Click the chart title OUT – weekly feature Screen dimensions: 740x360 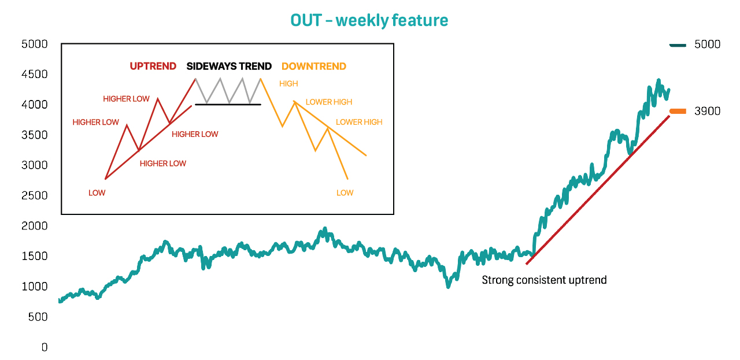click(x=369, y=20)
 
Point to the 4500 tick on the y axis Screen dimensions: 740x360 click(x=34, y=74)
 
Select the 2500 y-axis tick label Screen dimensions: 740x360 click(x=34, y=195)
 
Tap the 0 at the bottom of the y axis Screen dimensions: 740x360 click(x=45, y=347)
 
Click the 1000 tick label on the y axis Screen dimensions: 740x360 click(x=34, y=287)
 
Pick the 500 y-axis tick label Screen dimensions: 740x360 click(x=38, y=317)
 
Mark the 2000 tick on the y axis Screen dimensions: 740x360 click(x=34, y=226)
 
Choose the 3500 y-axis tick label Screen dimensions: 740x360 click(x=34, y=135)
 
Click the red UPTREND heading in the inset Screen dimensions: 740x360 click(x=153, y=66)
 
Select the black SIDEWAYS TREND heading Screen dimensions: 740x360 click(x=229, y=66)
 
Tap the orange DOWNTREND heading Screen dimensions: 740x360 click(x=314, y=66)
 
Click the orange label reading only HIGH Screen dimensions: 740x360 click(x=288, y=84)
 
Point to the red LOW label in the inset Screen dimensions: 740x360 click(x=97, y=193)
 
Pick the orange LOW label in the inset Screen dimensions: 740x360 click(x=345, y=193)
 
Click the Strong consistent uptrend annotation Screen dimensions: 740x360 click(x=544, y=280)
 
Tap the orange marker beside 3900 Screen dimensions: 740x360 click(x=678, y=112)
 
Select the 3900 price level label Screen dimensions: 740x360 click(x=707, y=111)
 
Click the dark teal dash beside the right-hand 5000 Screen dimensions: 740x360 click(x=678, y=45)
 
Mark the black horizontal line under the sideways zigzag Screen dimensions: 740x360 click(x=228, y=105)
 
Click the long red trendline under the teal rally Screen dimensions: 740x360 click(x=598, y=190)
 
